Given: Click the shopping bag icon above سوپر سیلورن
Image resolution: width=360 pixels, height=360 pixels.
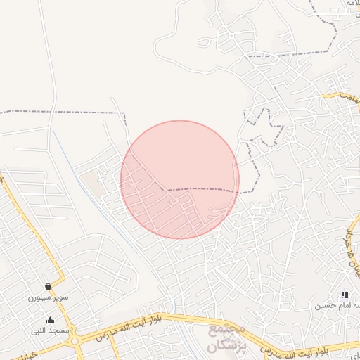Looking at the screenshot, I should coord(48,287).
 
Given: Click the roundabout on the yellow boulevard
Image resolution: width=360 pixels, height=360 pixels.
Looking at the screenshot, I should coord(75,342).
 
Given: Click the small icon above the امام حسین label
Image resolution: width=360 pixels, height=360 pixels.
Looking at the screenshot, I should coord(344,294).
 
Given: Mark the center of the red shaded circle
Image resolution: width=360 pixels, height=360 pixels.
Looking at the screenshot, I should coord(180,179).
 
